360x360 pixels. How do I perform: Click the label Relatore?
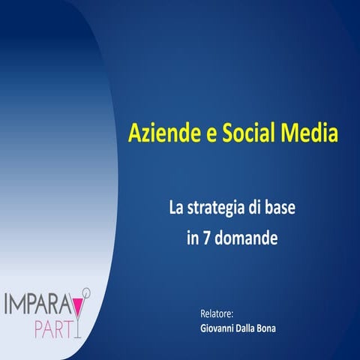click(217, 313)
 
